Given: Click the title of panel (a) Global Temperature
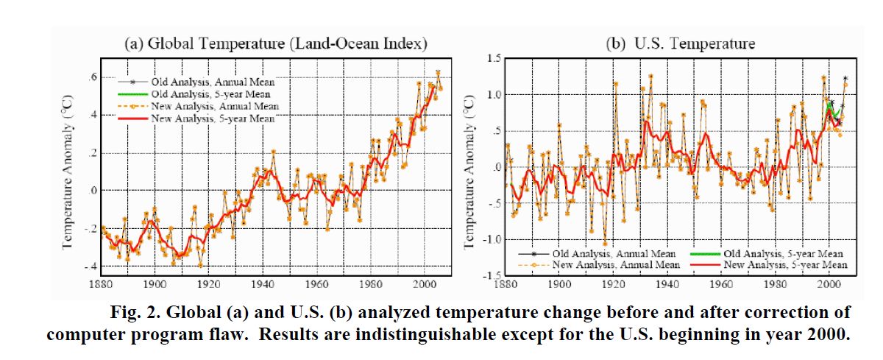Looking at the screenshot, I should click(x=266, y=43).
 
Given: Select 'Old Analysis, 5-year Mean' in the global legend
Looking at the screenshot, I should click(x=211, y=94).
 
